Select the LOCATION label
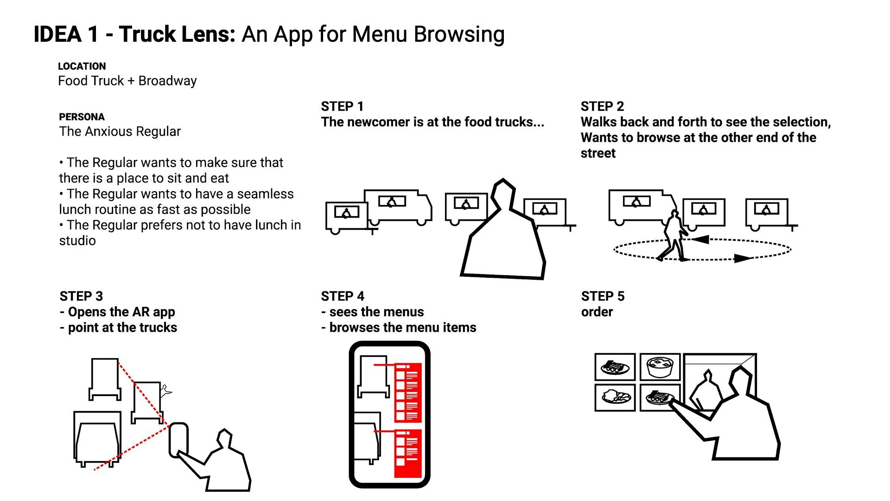pyautogui.click(x=82, y=66)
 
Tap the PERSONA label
pyautogui.click(x=82, y=117)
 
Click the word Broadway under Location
pyautogui.click(x=168, y=81)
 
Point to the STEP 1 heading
pyautogui.click(x=342, y=107)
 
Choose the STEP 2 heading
pyautogui.click(x=602, y=107)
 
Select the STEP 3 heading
pyautogui.click(x=81, y=296)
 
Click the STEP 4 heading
pyautogui.click(x=343, y=296)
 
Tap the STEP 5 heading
pyautogui.click(x=603, y=296)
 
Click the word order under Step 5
pyautogui.click(x=597, y=312)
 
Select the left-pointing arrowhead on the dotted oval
pyautogui.click(x=701, y=239)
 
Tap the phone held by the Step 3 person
pyautogui.click(x=178, y=440)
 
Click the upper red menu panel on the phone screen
pyautogui.click(x=408, y=392)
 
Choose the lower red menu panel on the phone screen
pyautogui.click(x=408, y=453)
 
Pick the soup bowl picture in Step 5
pyautogui.click(x=660, y=367)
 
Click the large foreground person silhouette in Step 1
pyautogui.click(x=503, y=230)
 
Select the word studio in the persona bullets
pyautogui.click(x=77, y=241)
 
